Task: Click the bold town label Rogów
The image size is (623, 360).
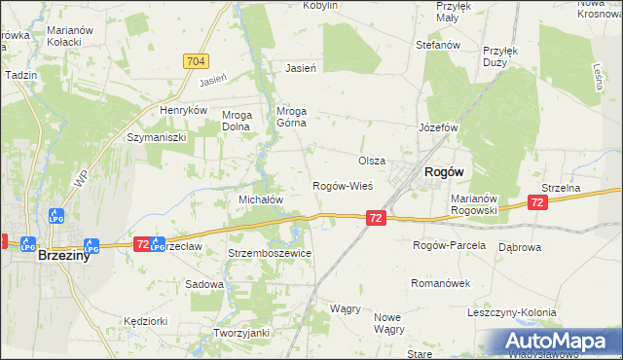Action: (x=443, y=171)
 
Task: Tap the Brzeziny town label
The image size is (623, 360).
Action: (x=65, y=258)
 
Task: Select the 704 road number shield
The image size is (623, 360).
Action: (x=196, y=61)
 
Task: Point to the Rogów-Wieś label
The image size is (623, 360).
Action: (x=342, y=185)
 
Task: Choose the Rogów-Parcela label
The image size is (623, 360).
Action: (x=449, y=245)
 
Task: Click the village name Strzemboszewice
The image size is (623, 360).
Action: (x=270, y=253)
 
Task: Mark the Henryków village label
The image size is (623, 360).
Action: (x=184, y=111)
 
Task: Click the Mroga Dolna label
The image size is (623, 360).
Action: (x=238, y=120)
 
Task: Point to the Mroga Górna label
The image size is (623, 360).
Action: (x=292, y=117)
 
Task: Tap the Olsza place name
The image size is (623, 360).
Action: (x=372, y=161)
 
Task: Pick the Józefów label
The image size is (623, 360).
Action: (x=438, y=127)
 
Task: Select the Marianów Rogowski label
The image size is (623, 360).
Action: (x=474, y=203)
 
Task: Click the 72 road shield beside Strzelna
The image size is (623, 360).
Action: (x=536, y=201)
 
